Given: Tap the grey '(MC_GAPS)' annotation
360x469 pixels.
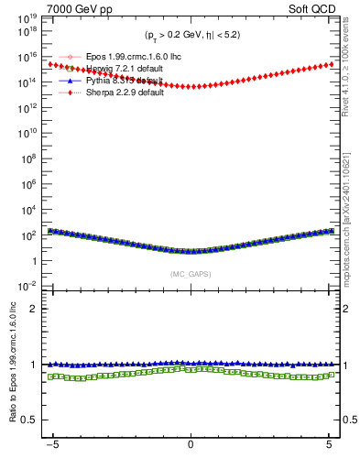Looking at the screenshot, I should pos(191,273).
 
